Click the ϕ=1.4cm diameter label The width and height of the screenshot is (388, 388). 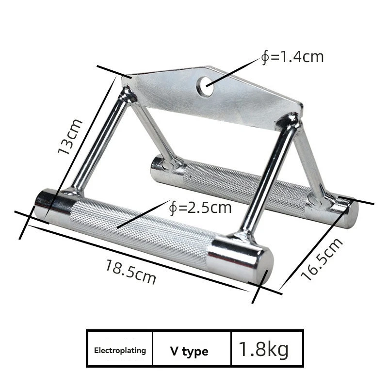point(292,57)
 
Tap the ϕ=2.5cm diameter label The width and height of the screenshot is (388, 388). point(200,208)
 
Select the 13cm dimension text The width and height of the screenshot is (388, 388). point(70,136)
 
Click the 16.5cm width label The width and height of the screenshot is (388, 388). point(322,259)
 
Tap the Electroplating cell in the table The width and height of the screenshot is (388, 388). point(120,351)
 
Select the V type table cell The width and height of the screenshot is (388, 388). point(189,351)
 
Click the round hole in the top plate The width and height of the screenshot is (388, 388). point(205,87)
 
